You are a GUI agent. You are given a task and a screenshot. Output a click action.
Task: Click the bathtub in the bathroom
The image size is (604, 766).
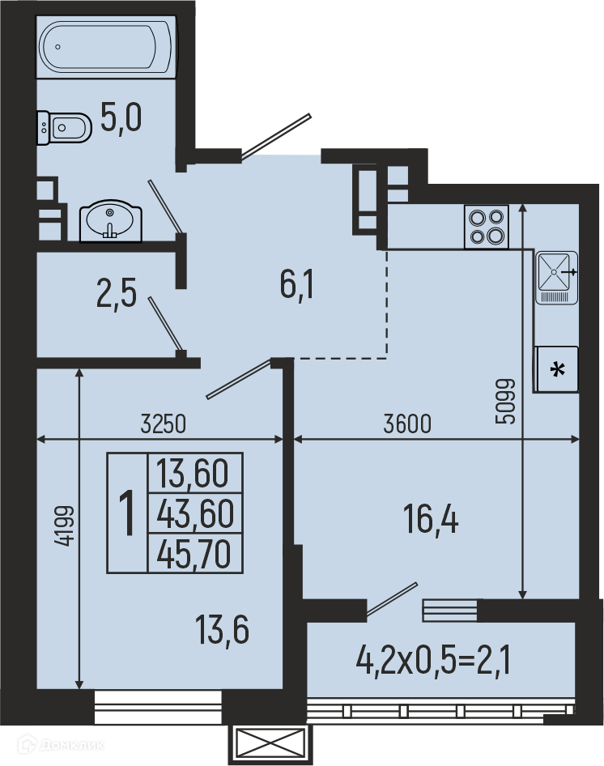[105, 47]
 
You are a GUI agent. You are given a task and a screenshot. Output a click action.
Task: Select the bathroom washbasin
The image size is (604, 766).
[111, 221]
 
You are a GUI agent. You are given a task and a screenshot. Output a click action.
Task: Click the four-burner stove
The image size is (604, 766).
[487, 227]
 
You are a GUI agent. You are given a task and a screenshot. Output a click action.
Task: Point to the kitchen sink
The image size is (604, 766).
[557, 278]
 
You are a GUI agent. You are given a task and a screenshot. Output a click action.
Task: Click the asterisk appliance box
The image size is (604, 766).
[557, 369]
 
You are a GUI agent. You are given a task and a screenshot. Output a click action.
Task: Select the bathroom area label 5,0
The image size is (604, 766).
[121, 117]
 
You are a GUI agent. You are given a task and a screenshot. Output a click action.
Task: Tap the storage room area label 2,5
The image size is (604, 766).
[117, 293]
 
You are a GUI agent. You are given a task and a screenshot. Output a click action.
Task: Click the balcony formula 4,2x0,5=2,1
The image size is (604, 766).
[433, 660]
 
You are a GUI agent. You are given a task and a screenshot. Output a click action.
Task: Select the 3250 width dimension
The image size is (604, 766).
[164, 423]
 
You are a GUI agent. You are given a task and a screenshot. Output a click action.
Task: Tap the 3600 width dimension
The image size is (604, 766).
[407, 423]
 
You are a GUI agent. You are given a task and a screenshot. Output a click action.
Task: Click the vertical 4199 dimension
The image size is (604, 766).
[65, 526]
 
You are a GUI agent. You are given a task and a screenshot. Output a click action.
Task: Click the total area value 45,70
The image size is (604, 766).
[194, 555]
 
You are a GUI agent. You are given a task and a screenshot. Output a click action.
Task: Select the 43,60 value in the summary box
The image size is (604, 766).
[195, 513]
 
